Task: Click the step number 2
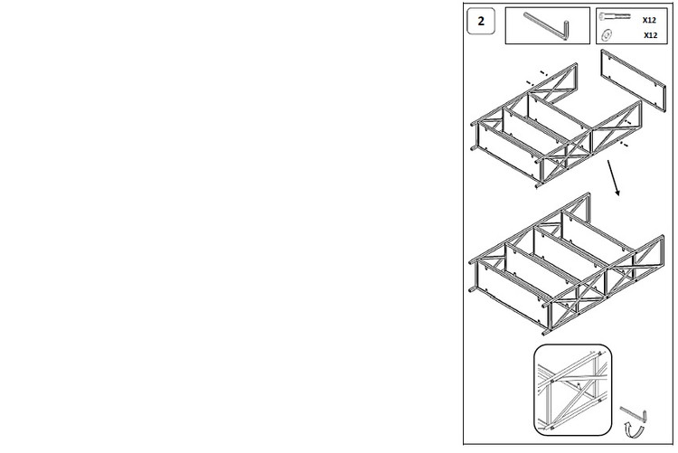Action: (481, 21)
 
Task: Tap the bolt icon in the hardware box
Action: (615, 16)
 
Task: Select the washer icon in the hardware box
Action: (607, 34)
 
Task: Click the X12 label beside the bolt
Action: (649, 20)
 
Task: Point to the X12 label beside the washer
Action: (650, 35)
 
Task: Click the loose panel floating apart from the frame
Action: (634, 80)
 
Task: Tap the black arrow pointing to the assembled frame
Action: (614, 178)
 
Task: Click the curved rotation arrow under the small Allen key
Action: (635, 431)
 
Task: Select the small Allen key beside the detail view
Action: (635, 413)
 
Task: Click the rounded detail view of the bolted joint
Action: (572, 390)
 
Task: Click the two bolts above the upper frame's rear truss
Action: (537, 78)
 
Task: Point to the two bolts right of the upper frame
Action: (624, 132)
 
